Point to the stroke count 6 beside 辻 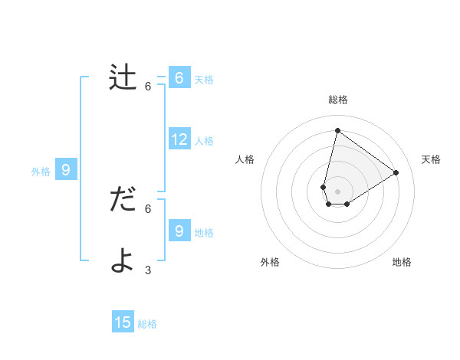pyautogui.click(x=148, y=87)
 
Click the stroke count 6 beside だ pyautogui.click(x=148, y=208)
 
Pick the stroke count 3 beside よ pyautogui.click(x=148, y=270)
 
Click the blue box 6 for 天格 pyautogui.click(x=179, y=78)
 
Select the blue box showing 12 pyautogui.click(x=179, y=139)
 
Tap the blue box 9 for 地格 pyautogui.click(x=179, y=231)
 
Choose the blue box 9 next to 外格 pyautogui.click(x=66, y=170)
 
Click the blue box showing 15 pyautogui.click(x=123, y=322)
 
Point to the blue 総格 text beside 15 pyautogui.click(x=147, y=324)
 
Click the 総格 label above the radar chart pyautogui.click(x=337, y=100)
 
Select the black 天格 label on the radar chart pyautogui.click(x=431, y=159)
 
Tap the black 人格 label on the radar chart pyautogui.click(x=245, y=159)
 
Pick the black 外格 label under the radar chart pyautogui.click(x=270, y=263)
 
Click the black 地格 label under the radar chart pyautogui.click(x=402, y=263)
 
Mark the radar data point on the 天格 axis pyautogui.click(x=396, y=172)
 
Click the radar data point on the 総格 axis pyautogui.click(x=337, y=131)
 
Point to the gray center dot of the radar pyautogui.click(x=337, y=191)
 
